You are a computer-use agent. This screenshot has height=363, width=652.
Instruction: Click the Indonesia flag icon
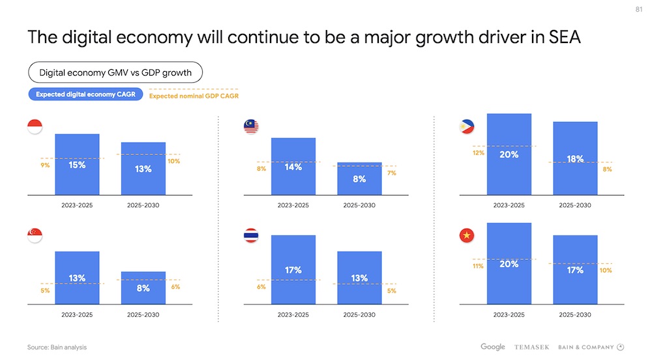(35, 126)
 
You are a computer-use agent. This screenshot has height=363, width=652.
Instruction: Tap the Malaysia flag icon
(251, 126)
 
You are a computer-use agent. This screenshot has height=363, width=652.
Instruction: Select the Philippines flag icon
(467, 126)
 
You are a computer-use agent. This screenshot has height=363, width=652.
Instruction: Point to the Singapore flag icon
(35, 235)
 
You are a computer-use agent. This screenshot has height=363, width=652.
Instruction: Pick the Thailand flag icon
(251, 235)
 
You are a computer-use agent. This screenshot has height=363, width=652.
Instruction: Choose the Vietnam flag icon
(467, 235)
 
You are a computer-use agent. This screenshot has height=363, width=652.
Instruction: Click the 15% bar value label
(77, 166)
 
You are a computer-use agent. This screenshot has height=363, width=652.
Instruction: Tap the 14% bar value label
(293, 167)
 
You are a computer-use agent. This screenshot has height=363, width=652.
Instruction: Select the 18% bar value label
(575, 159)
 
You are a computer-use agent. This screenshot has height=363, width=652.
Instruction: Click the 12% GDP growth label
(477, 153)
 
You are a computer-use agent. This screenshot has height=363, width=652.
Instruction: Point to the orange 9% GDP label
(45, 166)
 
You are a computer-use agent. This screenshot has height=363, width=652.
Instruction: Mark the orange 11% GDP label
(477, 266)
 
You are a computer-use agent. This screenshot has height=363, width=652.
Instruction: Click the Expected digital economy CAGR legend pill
(86, 94)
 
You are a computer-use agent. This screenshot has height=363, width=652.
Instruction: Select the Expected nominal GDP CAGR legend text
(194, 96)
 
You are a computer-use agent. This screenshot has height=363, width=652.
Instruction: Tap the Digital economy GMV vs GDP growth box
(115, 72)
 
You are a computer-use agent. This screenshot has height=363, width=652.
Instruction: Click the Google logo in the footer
(493, 347)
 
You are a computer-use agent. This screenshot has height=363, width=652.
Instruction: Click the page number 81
(638, 9)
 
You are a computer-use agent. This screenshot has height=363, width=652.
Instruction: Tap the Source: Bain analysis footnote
(57, 347)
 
